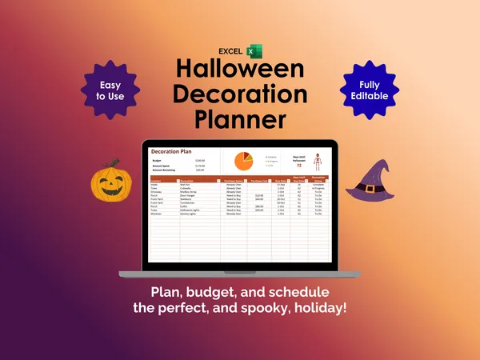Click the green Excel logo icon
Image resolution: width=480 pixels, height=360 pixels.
coord(251,52)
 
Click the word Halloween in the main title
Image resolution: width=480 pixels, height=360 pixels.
coord(240,70)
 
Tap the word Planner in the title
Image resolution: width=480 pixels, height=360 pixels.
coord(240,119)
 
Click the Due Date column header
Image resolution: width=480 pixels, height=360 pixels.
coord(282,181)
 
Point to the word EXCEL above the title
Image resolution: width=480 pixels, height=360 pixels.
coord(230,52)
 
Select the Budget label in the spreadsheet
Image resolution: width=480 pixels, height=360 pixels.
coord(157,160)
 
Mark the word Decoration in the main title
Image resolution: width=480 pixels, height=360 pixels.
coord(240,94)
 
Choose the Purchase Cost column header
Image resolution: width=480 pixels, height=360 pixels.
coord(259,181)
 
